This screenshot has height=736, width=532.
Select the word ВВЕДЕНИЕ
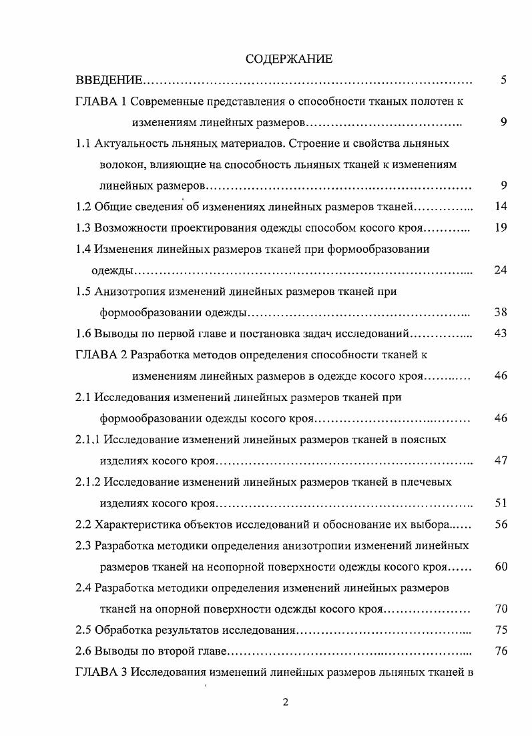coord(108,81)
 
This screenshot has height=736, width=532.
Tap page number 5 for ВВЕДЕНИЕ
coord(503,81)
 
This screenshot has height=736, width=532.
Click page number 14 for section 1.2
coord(501,206)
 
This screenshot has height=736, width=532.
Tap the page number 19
coord(501,228)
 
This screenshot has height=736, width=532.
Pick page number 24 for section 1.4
coord(501,270)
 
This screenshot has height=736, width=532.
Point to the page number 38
coord(501,312)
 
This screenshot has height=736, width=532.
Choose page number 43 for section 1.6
coord(501,333)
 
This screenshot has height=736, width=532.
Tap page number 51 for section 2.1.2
coord(501,502)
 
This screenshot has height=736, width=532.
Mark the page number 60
coord(501,567)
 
